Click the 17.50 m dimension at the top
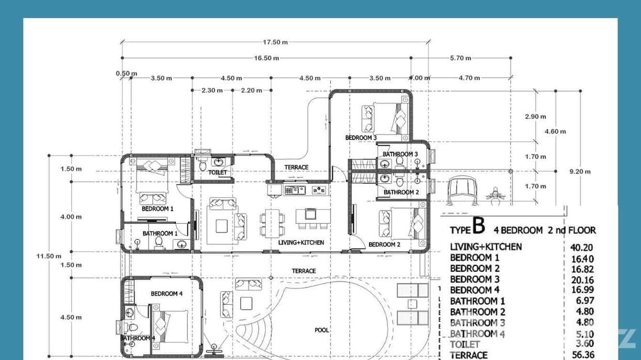[x=275, y=42]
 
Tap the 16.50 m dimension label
[x=267, y=58]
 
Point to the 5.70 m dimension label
[x=460, y=58]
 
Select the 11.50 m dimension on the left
[x=49, y=256]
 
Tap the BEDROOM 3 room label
[x=361, y=138]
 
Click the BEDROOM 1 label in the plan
[x=157, y=209]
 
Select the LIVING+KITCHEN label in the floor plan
[x=301, y=243]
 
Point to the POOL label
[x=321, y=330]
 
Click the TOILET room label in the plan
[x=217, y=172]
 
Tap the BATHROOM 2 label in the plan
[x=401, y=192]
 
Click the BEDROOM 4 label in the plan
[x=167, y=294]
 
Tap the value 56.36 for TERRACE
[x=582, y=355]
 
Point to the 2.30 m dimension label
[x=212, y=90]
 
